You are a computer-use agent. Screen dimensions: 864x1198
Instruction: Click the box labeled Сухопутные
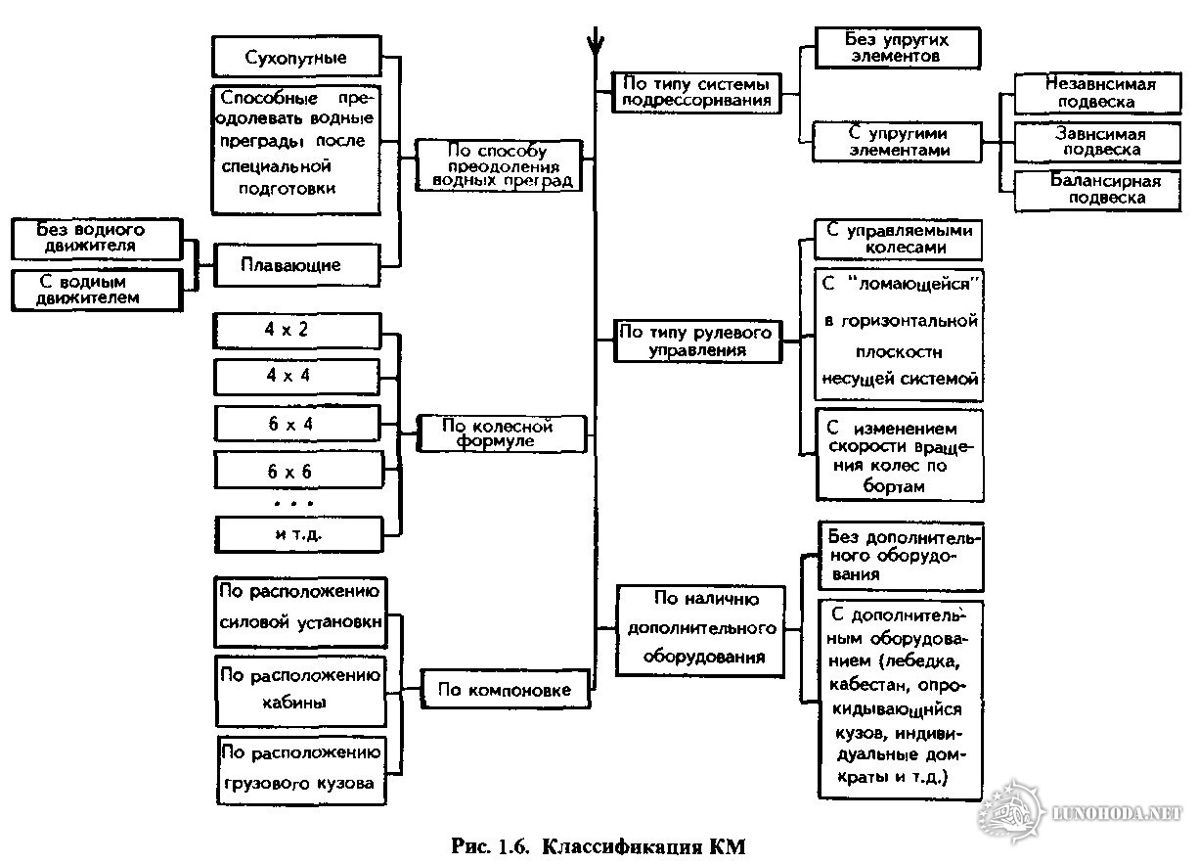(295, 57)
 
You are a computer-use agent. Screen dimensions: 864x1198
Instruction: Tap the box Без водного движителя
(97, 239)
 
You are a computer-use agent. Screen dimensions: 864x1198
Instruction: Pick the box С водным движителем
(97, 289)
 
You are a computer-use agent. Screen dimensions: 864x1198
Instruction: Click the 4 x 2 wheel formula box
(297, 330)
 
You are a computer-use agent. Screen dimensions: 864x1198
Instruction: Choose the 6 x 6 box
(297, 471)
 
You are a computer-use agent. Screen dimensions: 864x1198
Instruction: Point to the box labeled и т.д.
(297, 534)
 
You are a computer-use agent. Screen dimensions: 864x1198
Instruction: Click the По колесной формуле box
(503, 433)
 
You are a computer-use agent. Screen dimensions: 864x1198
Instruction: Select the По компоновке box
(505, 689)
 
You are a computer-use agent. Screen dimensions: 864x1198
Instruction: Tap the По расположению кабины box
(301, 690)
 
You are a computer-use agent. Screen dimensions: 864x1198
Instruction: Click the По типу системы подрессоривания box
(697, 91)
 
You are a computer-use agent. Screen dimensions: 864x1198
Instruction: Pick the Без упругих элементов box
(896, 47)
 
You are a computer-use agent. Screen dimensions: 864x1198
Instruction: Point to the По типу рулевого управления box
(697, 341)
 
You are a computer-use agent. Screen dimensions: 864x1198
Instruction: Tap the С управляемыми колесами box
(898, 239)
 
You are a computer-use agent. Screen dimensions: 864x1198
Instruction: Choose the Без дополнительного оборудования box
(900, 556)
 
